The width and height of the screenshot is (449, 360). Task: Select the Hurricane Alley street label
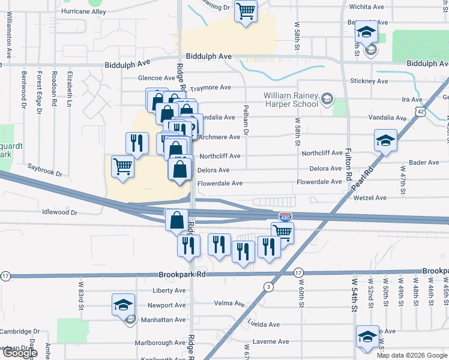coord(84,12)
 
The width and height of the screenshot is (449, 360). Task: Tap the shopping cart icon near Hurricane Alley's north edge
coord(246,10)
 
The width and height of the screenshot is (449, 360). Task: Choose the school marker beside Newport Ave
coord(122,305)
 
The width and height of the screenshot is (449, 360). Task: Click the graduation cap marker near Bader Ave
coord(385,140)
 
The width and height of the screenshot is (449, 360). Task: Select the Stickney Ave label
coord(370,81)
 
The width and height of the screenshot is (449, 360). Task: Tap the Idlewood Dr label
coord(60,212)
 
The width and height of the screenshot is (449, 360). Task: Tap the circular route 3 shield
coord(268,287)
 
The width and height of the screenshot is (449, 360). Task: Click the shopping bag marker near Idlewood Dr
coord(178,220)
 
